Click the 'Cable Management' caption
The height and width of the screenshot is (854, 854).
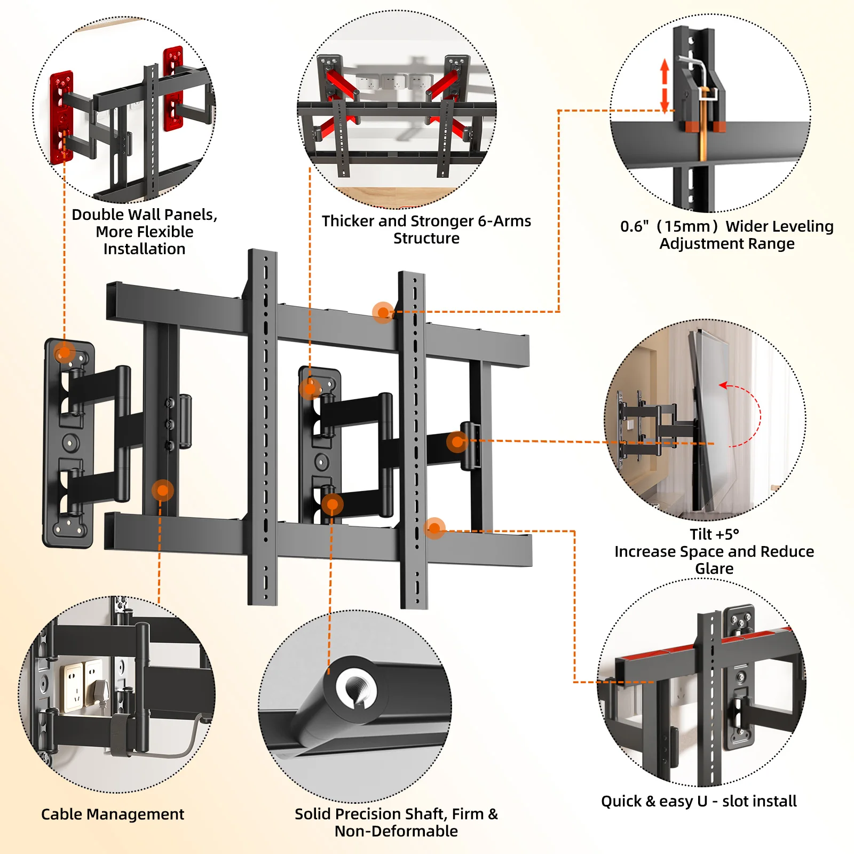(112, 814)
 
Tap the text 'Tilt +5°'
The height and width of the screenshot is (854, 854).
(714, 534)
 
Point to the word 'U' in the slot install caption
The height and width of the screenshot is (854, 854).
(702, 801)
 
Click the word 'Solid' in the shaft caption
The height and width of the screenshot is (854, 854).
(313, 814)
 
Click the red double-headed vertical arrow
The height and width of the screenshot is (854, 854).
(665, 85)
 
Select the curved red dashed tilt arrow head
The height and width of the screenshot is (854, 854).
(723, 385)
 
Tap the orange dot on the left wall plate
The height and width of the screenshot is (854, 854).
(64, 353)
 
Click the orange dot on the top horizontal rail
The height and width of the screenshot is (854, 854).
(383, 312)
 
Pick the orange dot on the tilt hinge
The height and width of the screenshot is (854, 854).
(457, 441)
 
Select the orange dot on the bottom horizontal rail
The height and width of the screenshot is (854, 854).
(434, 528)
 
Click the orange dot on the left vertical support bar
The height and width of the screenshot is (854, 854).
(162, 490)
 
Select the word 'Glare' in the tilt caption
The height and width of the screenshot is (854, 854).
(714, 568)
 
